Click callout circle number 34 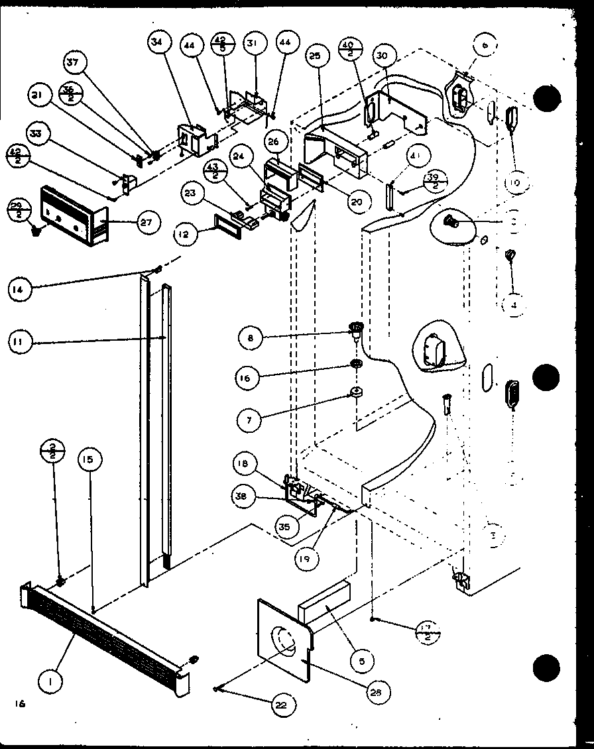pos(157,44)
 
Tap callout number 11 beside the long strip pos(21,341)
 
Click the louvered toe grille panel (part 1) pos(106,636)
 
